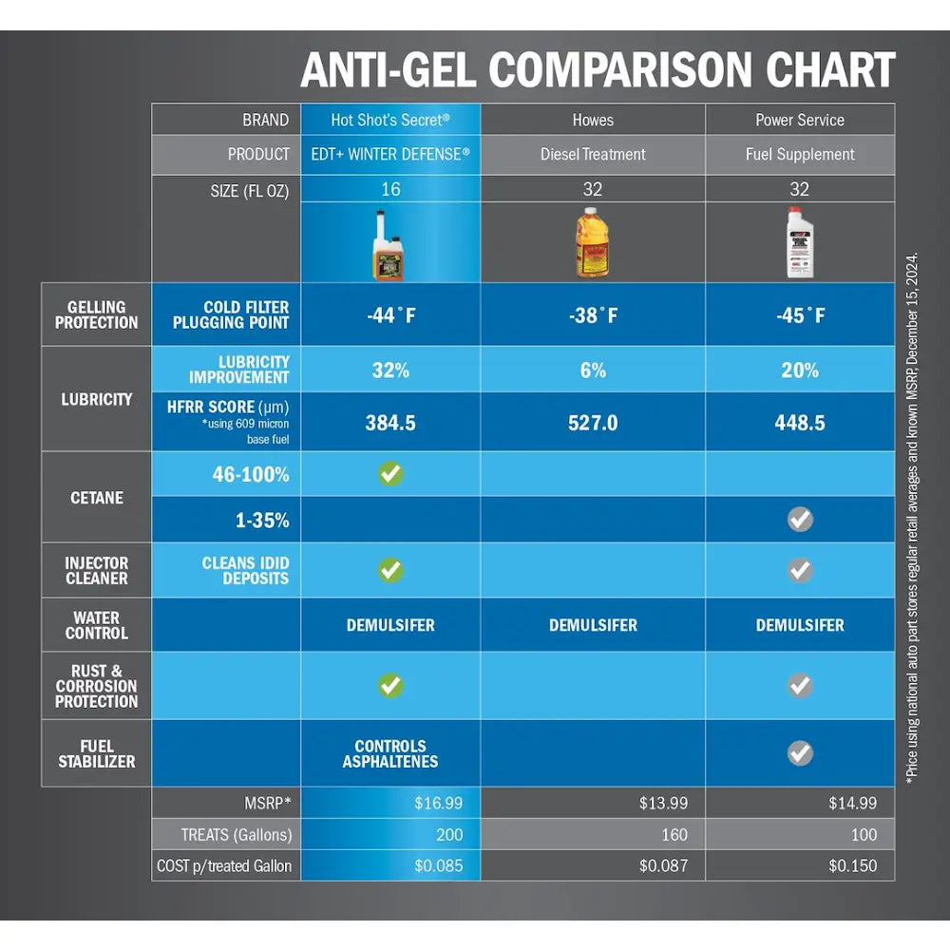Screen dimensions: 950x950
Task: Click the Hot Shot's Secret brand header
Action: click(x=390, y=120)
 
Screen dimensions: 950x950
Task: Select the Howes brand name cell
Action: click(x=593, y=120)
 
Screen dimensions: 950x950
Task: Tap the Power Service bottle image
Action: click(x=800, y=243)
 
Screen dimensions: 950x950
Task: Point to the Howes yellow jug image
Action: click(x=593, y=243)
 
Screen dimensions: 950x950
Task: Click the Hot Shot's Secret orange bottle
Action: click(x=388, y=245)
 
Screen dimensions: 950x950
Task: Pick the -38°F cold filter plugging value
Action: click(x=593, y=315)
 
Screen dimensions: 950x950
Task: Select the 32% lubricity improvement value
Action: click(x=390, y=370)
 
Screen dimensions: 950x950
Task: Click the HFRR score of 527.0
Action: click(x=593, y=423)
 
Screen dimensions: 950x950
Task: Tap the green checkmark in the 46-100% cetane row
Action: click(x=390, y=474)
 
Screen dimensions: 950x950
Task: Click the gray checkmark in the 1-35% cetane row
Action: click(x=800, y=520)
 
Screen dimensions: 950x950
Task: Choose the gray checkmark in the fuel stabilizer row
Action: click(x=800, y=753)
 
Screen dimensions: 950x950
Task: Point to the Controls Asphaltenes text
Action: click(x=390, y=753)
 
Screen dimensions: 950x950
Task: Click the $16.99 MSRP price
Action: click(x=439, y=804)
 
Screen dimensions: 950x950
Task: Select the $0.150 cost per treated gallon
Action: click(x=853, y=865)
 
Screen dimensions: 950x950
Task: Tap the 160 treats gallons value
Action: click(x=674, y=835)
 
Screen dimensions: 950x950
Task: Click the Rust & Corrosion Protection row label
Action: click(x=96, y=687)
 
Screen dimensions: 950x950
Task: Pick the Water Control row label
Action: click(x=96, y=625)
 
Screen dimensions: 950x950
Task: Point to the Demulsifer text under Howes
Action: click(x=593, y=625)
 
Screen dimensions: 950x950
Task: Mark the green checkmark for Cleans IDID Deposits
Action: click(x=390, y=570)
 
